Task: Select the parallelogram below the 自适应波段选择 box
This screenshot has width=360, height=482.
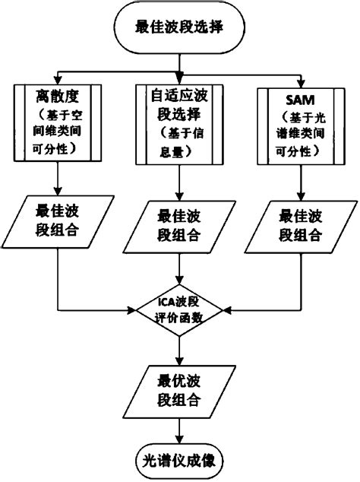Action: (178, 224)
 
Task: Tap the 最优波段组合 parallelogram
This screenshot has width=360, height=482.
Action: (178, 389)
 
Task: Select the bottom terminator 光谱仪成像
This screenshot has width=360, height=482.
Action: (178, 461)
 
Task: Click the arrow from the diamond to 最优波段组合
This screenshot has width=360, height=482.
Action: (178, 349)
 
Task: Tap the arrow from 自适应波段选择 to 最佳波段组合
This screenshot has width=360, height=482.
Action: (178, 182)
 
